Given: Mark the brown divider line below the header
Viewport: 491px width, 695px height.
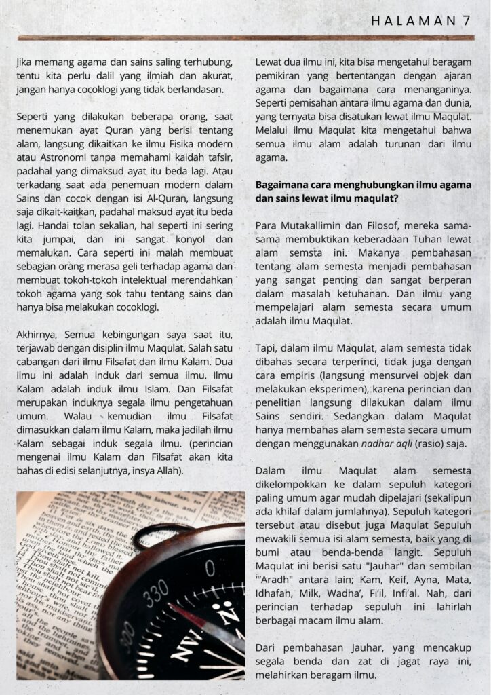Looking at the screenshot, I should [x=245, y=38].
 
